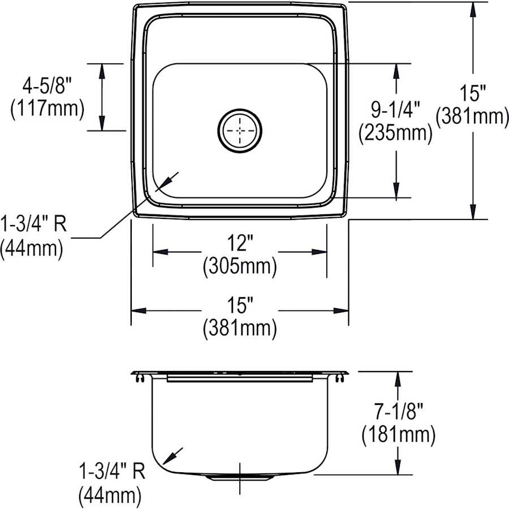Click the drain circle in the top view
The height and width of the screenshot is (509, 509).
240,131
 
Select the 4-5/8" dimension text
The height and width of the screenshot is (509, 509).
48,86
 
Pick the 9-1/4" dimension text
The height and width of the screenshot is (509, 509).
396,110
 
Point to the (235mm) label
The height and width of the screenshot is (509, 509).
396,133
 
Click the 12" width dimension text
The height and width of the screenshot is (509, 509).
240,244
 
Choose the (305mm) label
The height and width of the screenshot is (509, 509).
240,266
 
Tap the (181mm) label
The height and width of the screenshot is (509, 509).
398,434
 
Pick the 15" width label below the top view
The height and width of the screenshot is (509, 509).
240,307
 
